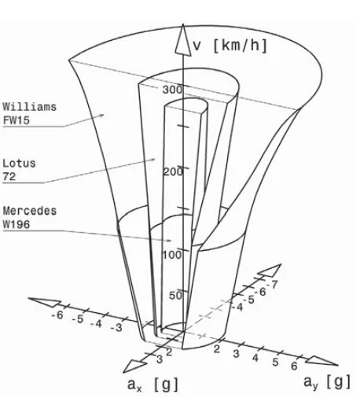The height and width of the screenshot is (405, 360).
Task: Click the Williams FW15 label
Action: (30, 113)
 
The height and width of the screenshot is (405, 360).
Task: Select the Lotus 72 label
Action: (19, 170)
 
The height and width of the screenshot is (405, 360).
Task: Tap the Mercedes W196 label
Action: (30, 217)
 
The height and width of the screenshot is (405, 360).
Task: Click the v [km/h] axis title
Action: (230, 46)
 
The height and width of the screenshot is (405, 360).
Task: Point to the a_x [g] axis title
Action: (152, 385)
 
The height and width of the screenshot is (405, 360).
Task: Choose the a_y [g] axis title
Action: (327, 382)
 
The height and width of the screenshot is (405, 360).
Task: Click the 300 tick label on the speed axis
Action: (172, 90)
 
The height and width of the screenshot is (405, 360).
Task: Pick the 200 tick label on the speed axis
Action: (173, 172)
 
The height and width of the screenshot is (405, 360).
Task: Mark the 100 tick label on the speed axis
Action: (172, 255)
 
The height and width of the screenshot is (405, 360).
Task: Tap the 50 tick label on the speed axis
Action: (175, 296)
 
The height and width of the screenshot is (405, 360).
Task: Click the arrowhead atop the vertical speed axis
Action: (183, 40)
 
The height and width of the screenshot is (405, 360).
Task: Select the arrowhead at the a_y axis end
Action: (321, 361)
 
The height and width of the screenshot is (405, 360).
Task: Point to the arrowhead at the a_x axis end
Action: (134, 366)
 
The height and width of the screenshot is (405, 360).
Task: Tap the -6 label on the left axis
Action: (57, 315)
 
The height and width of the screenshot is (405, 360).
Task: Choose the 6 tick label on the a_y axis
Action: (294, 366)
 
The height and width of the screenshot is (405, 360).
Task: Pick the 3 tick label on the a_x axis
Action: (160, 359)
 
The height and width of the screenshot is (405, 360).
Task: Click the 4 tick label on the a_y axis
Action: (255, 357)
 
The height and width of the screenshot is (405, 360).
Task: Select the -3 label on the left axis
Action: (116, 327)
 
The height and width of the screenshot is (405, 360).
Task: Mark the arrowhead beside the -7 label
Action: (270, 271)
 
